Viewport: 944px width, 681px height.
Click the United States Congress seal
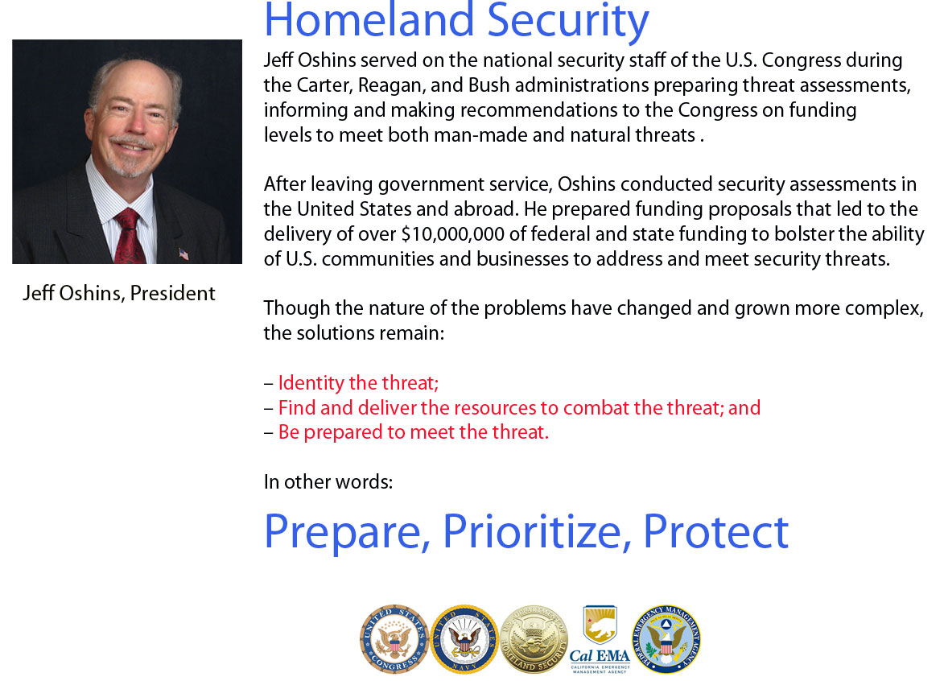point(394,639)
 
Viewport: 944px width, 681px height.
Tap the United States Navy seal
point(464,639)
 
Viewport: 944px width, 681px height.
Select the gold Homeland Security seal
point(534,639)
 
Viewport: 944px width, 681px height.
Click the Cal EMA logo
point(600,639)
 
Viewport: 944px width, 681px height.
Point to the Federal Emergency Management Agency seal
point(666,639)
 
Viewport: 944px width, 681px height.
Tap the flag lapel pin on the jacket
point(183,254)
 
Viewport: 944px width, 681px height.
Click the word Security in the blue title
point(567,20)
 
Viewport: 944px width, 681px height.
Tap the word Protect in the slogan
point(715,531)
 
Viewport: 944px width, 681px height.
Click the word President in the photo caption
point(173,293)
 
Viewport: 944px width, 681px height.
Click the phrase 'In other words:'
point(328,481)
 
